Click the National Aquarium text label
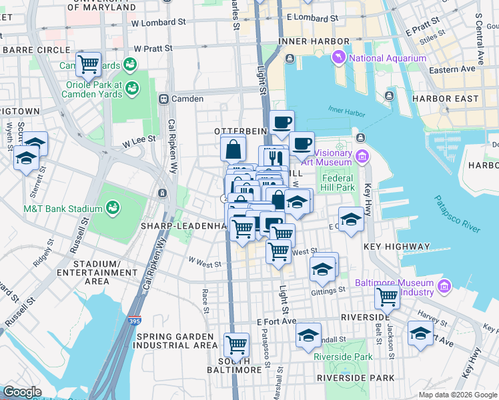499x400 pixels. tap(387, 59)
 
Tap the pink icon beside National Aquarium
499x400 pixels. tap(340, 59)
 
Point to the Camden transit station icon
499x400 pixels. tap(163, 99)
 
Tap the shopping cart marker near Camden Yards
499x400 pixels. tap(88, 64)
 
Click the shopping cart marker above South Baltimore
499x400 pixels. tap(236, 345)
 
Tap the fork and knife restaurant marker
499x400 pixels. tap(274, 158)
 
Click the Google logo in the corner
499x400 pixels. tap(22, 392)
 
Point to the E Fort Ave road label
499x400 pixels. tap(276, 321)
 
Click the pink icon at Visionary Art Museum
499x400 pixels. tap(362, 157)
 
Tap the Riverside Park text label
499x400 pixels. tap(343, 357)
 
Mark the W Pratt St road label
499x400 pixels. tap(153, 49)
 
